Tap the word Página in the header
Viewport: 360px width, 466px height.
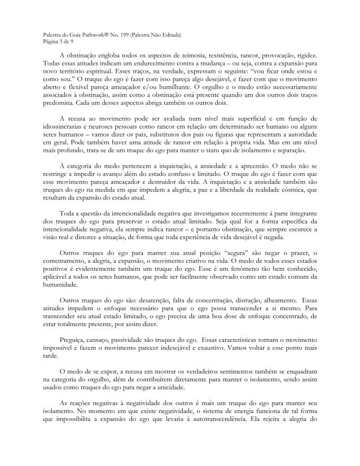coord(51,41)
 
